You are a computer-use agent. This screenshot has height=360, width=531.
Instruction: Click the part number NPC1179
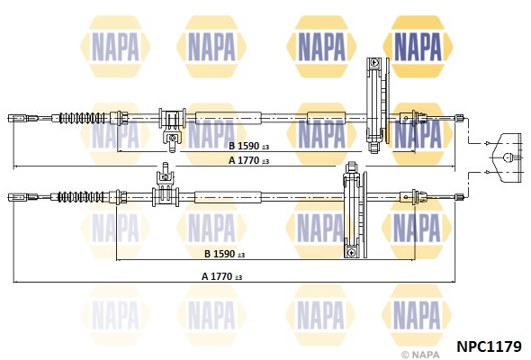click(489, 344)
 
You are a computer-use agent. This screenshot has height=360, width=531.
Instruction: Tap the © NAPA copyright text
click(421, 355)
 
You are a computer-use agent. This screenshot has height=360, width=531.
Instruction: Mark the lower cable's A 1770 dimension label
click(221, 276)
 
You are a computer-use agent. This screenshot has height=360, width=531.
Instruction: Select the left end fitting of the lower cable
click(17, 195)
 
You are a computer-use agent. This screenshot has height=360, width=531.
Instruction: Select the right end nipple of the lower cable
click(459, 195)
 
